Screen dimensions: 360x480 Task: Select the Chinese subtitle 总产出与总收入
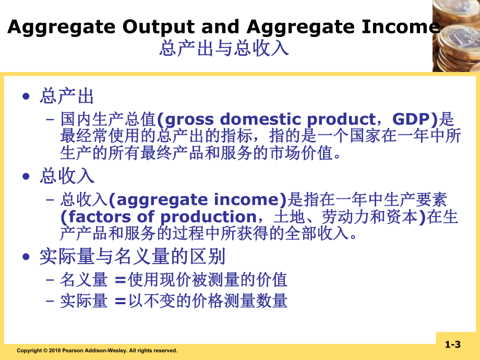click(x=224, y=49)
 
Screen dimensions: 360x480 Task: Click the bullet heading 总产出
click(x=67, y=96)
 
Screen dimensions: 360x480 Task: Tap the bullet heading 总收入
click(x=67, y=176)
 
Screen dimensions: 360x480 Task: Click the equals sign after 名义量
click(x=120, y=281)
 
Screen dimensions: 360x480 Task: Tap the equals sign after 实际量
click(x=120, y=301)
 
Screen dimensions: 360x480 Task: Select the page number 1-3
click(x=452, y=344)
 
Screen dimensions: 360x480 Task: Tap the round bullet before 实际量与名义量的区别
click(x=27, y=257)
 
